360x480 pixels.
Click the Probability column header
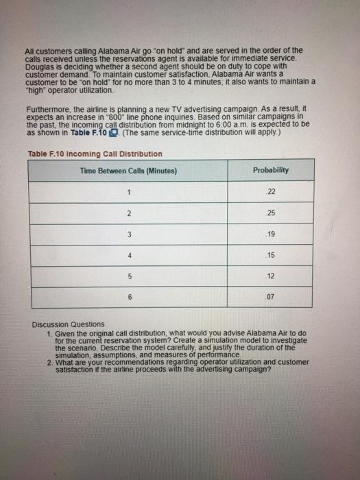(270, 170)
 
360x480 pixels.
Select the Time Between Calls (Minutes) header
(128, 170)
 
